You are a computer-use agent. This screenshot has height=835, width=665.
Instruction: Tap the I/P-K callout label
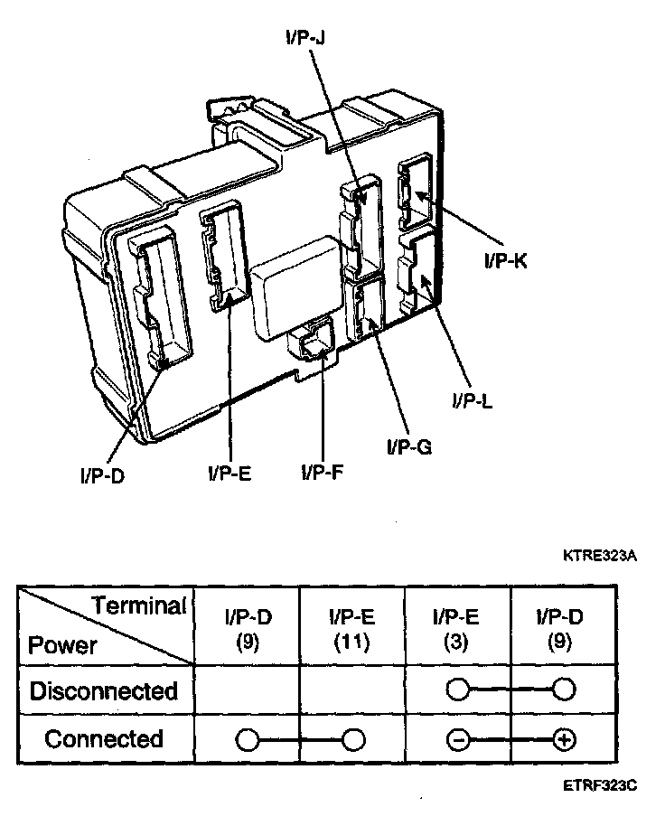pos(506,261)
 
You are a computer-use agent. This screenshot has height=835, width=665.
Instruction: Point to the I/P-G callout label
pos(407,446)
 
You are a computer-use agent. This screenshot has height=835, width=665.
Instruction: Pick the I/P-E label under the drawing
pos(229,471)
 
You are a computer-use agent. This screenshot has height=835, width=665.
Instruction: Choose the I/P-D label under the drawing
pos(101,474)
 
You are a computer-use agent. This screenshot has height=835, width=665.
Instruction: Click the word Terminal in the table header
pos(140,605)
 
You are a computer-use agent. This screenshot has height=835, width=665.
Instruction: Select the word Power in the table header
pos(62,645)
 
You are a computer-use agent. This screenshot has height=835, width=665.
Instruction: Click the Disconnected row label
pos(103,691)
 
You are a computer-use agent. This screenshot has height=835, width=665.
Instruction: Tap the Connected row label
pos(104,739)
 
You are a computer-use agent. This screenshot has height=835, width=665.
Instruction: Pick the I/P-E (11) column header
pos(352,630)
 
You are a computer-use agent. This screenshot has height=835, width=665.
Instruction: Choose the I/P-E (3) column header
pos(456,630)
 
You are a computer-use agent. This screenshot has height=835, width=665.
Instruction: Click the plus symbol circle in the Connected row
pos(564,740)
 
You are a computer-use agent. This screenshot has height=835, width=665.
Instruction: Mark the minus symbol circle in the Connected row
pos(458,740)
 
